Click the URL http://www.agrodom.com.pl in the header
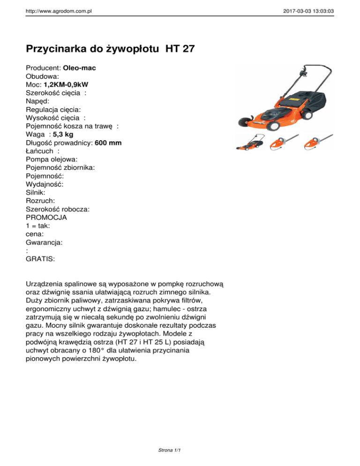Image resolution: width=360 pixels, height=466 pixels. (x=59, y=9)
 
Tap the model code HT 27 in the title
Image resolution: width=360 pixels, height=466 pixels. (x=180, y=49)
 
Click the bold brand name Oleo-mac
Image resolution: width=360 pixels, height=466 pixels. (x=79, y=68)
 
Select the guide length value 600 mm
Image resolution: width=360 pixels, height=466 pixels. (x=108, y=143)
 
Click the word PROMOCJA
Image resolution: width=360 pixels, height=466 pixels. (x=46, y=218)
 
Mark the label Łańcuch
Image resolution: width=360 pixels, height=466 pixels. (x=40, y=151)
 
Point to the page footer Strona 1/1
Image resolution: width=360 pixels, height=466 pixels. (x=169, y=451)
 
